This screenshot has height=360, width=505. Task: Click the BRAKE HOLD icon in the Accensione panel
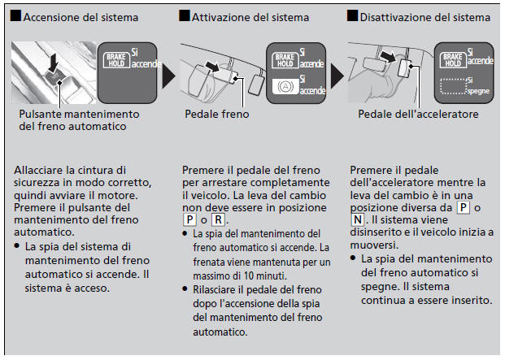click(115, 62)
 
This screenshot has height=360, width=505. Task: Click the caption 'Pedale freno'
click(217, 115)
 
